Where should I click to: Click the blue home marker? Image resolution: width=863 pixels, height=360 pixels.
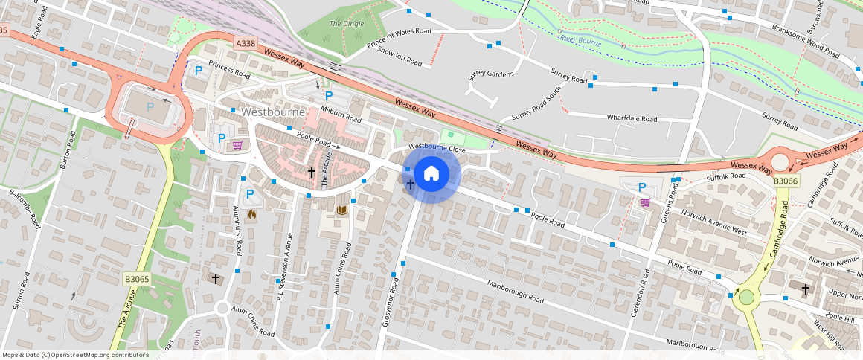[x=431, y=174]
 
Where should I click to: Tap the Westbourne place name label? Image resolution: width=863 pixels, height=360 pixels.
[x=274, y=112]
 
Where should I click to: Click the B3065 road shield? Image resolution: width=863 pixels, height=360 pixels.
[x=137, y=279]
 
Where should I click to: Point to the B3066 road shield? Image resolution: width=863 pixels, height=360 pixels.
[x=786, y=181]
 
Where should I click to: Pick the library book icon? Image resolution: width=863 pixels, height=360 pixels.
[x=342, y=211]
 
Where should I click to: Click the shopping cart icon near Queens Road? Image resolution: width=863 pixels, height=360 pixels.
[x=644, y=202]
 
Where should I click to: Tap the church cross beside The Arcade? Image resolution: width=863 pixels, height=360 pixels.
[x=312, y=173]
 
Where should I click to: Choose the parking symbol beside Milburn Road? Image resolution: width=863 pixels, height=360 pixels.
[x=328, y=95]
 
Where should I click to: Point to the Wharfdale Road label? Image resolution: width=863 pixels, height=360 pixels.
[x=632, y=118]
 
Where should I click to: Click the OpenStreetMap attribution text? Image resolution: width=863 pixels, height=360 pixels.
[x=75, y=355]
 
